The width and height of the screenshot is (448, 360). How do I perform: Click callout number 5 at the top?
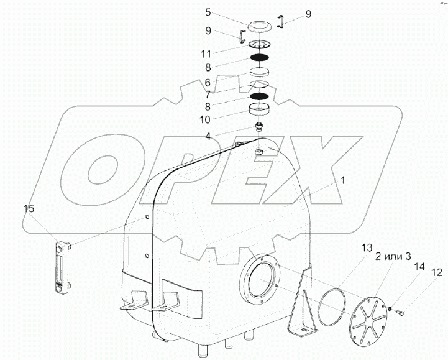coord(208,13)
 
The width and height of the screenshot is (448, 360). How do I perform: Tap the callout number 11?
coord(206,54)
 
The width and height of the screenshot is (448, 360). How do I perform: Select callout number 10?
coord(205,120)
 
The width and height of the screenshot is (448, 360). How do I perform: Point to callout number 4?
coord(208,137)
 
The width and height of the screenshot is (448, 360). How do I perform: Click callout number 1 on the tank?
coord(342,180)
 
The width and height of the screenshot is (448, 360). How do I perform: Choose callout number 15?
coord(29,209)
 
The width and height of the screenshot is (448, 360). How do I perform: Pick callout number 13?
coord(367,247)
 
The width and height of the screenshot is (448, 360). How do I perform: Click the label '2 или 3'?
coord(393,257)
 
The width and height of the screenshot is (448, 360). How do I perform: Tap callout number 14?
coord(419,267)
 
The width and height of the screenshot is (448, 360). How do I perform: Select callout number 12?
coord(437,272)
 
